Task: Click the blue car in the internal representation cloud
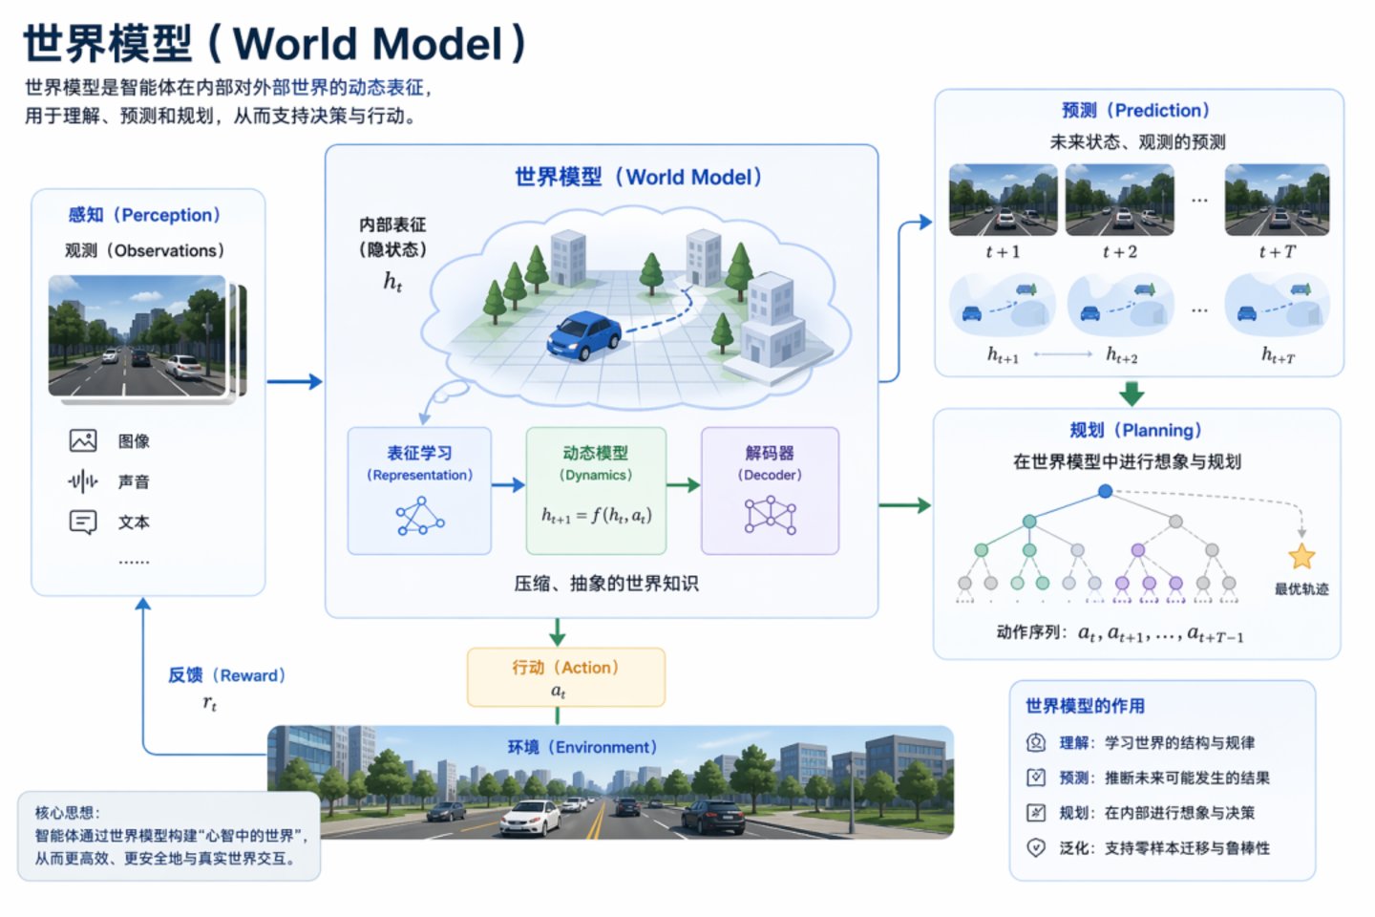[x=583, y=336]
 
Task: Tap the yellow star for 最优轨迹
[x=1301, y=556]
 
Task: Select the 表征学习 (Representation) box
[x=419, y=491]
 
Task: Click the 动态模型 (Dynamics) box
[x=596, y=491]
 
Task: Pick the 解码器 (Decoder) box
[x=770, y=491]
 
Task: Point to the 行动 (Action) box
[x=565, y=677]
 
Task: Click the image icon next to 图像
[x=83, y=440]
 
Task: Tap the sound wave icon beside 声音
[x=83, y=481]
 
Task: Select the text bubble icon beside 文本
[x=83, y=522]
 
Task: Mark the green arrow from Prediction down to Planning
[x=1132, y=393]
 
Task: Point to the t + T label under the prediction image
[x=1277, y=252]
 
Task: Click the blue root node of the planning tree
[x=1105, y=491]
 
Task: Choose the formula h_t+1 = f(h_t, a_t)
[x=596, y=516]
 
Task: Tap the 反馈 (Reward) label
[x=226, y=675]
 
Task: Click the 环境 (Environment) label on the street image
[x=582, y=747]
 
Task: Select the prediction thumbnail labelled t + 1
[x=1003, y=200]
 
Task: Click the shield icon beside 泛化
[x=1036, y=847]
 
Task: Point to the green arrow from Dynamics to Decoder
[x=683, y=485]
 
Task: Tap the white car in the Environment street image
[x=531, y=818]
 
